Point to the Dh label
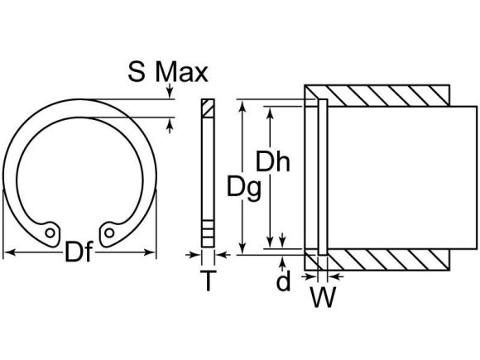(271, 161)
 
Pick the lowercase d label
(284, 281)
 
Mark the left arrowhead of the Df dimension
(8, 252)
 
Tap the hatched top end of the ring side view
(207, 109)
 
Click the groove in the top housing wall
(322, 104)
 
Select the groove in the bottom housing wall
(322, 252)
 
